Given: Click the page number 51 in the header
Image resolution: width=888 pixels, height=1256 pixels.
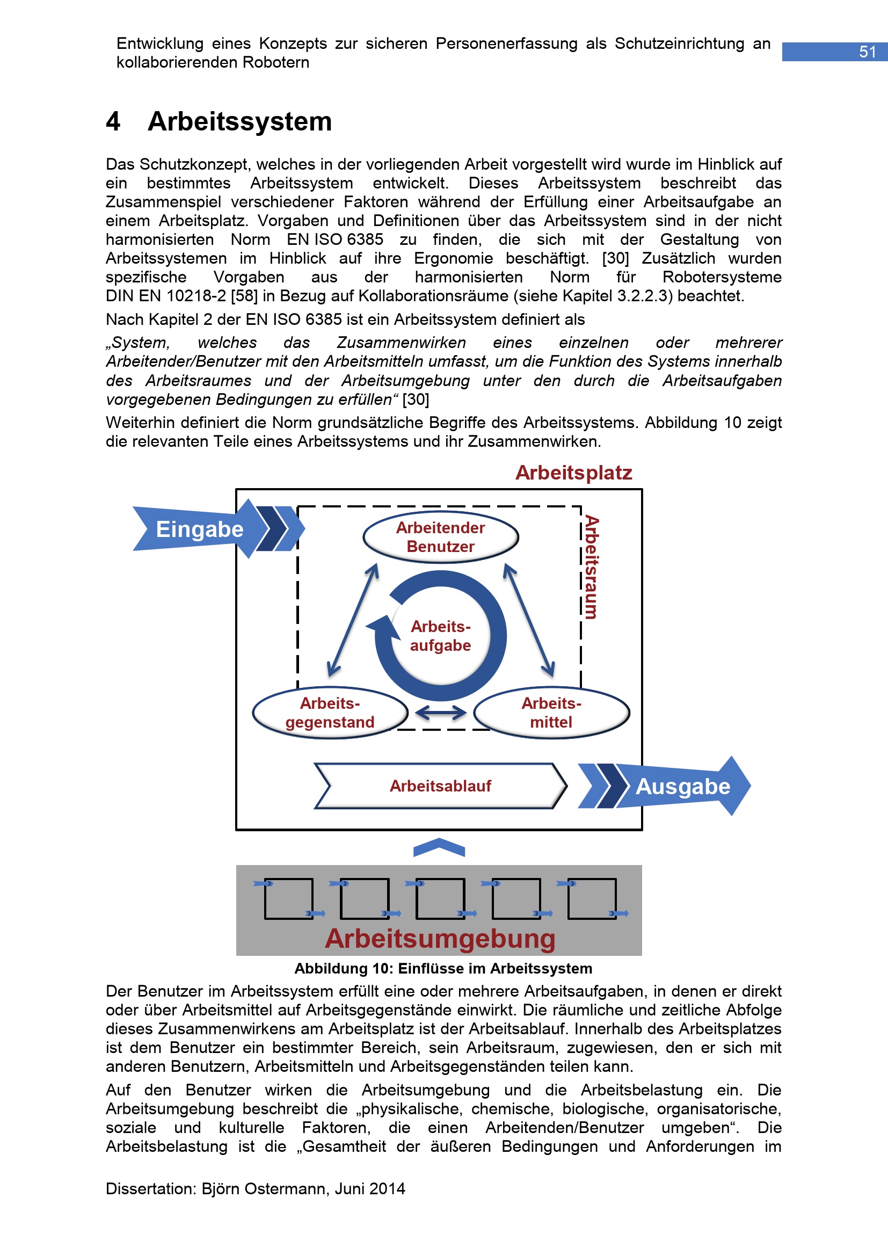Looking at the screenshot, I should point(867,52).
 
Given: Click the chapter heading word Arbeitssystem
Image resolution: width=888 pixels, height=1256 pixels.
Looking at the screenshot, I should point(239,121).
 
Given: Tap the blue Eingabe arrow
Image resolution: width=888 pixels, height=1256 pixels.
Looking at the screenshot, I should point(200,529).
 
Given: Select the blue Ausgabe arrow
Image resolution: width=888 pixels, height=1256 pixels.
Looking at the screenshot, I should point(683,786).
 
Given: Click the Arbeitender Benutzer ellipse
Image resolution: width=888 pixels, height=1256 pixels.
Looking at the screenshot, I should point(440,537).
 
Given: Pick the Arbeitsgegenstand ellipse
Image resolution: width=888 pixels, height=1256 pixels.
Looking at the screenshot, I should point(330,713).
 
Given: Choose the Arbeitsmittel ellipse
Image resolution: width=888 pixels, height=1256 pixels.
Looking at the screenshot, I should point(551,713).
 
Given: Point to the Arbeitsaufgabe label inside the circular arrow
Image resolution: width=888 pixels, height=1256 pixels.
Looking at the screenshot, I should point(441,636).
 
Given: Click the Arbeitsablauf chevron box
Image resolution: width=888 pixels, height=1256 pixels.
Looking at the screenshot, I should point(440,786).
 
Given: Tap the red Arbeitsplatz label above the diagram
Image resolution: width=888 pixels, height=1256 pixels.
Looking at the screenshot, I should point(573,473).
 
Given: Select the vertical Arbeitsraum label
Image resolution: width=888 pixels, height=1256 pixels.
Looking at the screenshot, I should point(592,567).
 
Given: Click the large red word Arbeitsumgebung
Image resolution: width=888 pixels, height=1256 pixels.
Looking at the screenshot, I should point(440,939).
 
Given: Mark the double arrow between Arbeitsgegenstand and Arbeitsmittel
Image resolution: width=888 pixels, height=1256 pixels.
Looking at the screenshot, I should point(441,713).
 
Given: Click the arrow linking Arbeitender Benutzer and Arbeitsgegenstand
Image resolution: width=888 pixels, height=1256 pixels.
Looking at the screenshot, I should point(353,620).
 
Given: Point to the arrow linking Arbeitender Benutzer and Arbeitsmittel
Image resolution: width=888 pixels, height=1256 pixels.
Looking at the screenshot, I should point(529,620).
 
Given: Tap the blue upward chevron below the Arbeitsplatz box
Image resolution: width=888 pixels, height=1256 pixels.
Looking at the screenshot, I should point(439,847).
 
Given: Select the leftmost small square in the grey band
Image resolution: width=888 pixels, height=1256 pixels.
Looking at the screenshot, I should point(288,899).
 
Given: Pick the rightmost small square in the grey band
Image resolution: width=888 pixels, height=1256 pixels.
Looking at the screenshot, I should point(592,899).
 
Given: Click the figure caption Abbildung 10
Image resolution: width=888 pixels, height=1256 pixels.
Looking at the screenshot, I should point(443,969).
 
